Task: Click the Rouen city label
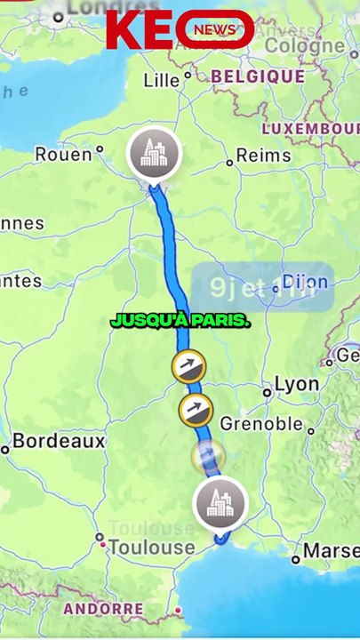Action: point(63,155)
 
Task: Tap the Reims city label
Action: point(263,156)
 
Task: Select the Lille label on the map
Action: point(161,80)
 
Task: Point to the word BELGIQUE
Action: point(258,76)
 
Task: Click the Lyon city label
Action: point(296,384)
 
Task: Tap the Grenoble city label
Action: point(261,424)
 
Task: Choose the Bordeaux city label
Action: point(59,441)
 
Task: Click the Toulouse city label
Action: point(150,548)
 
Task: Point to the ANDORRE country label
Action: point(103,609)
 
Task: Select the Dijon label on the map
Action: point(305,283)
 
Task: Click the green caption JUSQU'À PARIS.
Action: point(180,321)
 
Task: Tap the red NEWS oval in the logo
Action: point(214,30)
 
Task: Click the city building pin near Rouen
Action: point(154,154)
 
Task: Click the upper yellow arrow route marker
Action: point(188,364)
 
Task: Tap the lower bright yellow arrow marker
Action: point(196,410)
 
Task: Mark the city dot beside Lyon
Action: point(267,392)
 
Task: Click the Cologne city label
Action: point(305,45)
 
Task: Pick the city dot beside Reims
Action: point(229,163)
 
